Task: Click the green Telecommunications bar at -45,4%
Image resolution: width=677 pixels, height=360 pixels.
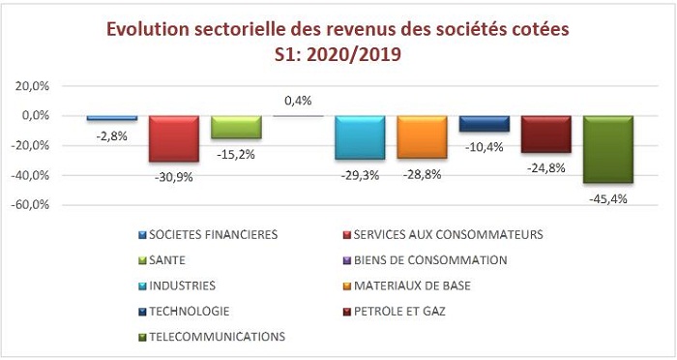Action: pos(607,149)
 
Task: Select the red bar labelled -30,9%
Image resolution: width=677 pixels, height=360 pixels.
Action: pos(173,138)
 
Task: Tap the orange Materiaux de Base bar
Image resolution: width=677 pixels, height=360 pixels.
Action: pos(422,136)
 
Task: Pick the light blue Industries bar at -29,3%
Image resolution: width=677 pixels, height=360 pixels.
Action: pos(360,137)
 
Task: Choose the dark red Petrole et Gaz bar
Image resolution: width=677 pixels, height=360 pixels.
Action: pos(545,134)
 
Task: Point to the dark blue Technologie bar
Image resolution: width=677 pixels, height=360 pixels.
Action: pos(484,124)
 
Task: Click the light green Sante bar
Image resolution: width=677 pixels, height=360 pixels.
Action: pos(235,127)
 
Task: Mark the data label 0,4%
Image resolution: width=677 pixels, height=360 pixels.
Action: pos(298,101)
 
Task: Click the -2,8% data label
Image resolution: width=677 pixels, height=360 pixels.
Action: pos(112,135)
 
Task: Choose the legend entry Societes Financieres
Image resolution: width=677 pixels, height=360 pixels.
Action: pos(213,234)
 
